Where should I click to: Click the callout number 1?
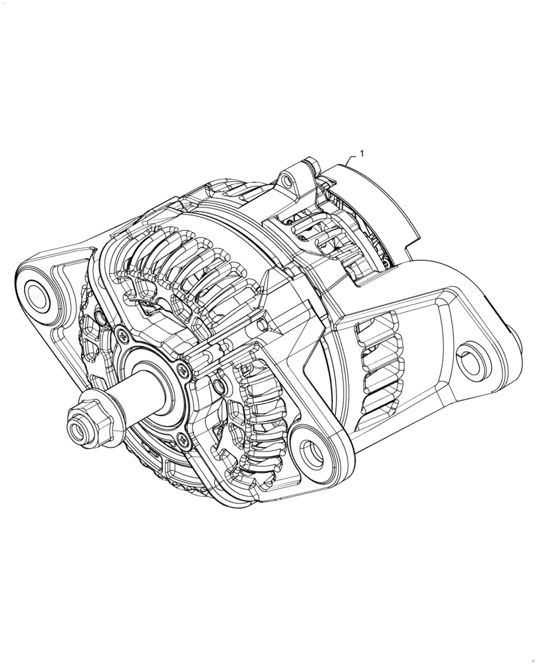tap(362, 154)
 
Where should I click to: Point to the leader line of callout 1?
tap(351, 159)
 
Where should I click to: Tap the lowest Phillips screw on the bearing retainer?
tap(181, 437)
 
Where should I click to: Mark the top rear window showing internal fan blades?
tap(312, 229)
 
